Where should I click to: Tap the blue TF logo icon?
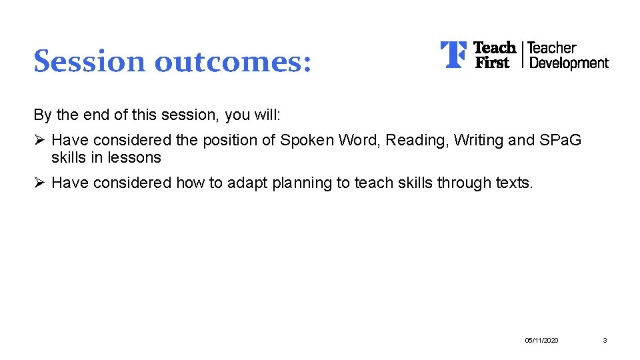pos(453,55)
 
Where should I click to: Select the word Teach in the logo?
pos(494,48)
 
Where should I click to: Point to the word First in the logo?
pos(491,63)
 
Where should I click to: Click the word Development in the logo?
pos(568,63)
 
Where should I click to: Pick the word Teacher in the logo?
pos(551,48)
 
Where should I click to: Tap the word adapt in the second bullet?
pos(245,183)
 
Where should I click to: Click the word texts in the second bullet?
pos(514,183)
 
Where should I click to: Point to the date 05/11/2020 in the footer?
pos(541,341)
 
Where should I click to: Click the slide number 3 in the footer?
pos(605,341)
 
